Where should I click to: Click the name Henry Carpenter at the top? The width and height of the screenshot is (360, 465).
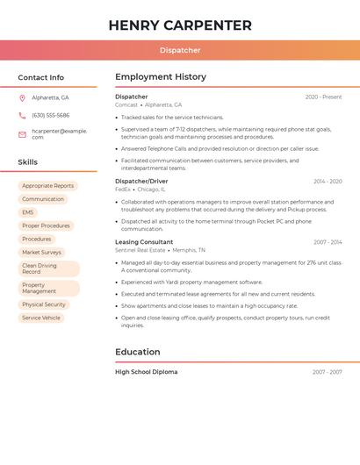(180, 25)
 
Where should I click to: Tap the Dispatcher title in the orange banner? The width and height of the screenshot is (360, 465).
(180, 50)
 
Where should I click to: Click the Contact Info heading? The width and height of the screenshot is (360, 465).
(41, 77)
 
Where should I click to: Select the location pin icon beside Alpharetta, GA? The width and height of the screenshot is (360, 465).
(22, 98)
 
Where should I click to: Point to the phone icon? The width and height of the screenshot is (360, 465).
(22, 116)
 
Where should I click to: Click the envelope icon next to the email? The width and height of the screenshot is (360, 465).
(22, 134)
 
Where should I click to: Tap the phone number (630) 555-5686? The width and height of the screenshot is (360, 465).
(50, 116)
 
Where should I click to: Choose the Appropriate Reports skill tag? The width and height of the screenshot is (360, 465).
(48, 186)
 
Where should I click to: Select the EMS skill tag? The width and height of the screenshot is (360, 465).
(28, 212)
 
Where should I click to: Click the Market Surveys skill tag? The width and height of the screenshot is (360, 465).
(42, 252)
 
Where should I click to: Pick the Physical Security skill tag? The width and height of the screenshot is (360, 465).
(44, 304)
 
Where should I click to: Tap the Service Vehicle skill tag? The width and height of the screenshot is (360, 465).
(41, 318)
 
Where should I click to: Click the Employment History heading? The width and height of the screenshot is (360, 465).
(161, 77)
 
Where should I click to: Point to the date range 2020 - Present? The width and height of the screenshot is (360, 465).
(324, 97)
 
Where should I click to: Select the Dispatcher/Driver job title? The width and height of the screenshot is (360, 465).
(140, 181)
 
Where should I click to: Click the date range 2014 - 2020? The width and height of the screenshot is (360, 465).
(328, 182)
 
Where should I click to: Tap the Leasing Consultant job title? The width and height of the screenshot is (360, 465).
(144, 242)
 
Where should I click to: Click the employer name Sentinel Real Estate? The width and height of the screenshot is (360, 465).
(140, 250)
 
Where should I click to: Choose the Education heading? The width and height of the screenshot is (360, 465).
(137, 352)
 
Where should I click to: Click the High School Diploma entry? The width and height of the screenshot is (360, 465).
(146, 372)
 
